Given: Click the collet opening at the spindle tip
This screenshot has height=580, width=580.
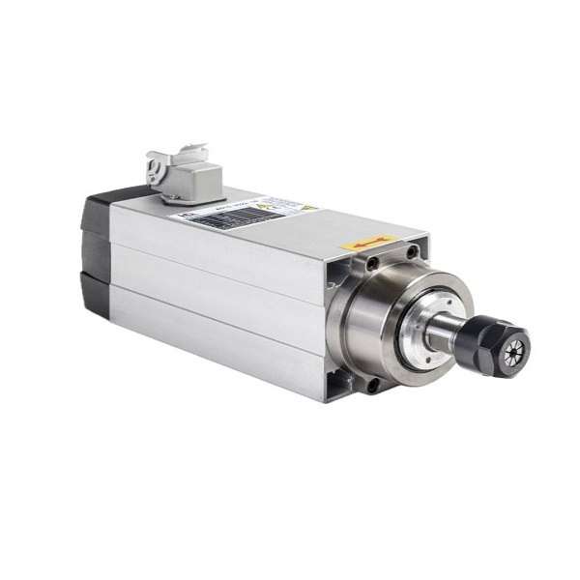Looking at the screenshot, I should tap(514, 347).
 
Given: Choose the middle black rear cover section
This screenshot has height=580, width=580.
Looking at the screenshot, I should tap(96, 250).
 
